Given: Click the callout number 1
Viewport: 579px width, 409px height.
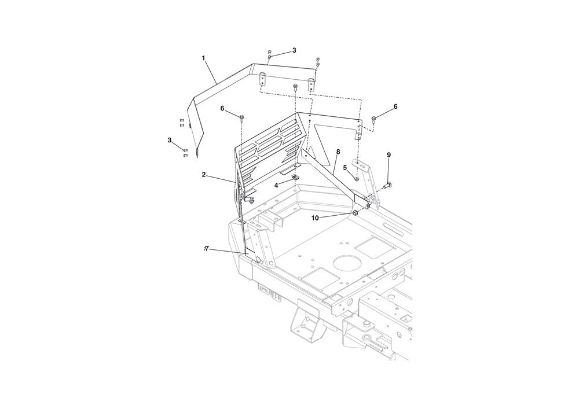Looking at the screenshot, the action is [x=203, y=58].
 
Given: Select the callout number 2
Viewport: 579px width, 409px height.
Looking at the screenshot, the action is [x=203, y=175].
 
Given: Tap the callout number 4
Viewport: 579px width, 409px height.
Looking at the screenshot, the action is [x=276, y=186].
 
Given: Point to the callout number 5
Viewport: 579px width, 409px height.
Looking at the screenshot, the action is [x=345, y=167].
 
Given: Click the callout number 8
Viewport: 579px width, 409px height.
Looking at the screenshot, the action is [x=338, y=152].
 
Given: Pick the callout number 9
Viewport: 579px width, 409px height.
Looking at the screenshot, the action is [x=389, y=155].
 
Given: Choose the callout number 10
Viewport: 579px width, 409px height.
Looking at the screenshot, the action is [x=315, y=218].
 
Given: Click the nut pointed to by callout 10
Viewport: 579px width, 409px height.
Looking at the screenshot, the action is [x=356, y=213].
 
